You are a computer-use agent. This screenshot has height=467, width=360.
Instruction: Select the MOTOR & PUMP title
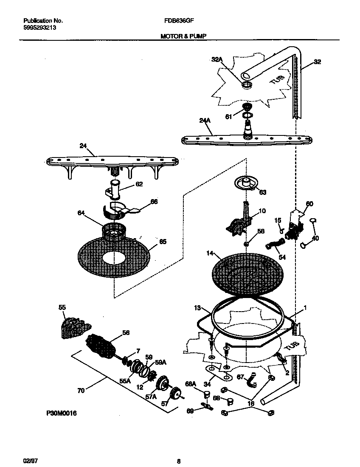(x=183, y=37)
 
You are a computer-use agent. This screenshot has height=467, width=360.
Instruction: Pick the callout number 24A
(x=205, y=121)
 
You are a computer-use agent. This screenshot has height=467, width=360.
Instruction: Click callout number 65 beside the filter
(x=163, y=242)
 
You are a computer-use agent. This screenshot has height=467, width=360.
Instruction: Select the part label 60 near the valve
(x=309, y=204)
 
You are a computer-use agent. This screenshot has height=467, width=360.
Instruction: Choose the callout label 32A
(x=217, y=60)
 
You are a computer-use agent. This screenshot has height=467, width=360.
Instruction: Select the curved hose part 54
(x=275, y=245)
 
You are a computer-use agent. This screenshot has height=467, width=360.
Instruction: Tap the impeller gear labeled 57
(x=175, y=396)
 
